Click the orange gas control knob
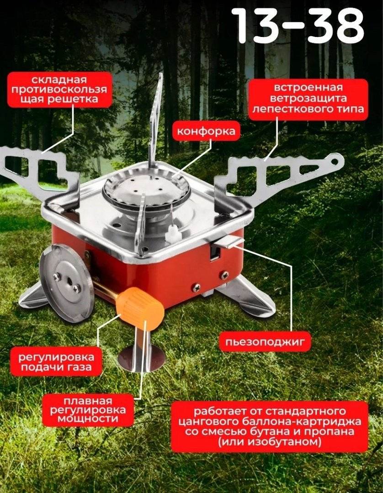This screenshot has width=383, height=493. [x=140, y=308]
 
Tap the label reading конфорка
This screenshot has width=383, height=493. [x=206, y=131]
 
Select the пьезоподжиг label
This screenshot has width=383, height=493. [x=265, y=341]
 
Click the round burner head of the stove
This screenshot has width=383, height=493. [x=147, y=190]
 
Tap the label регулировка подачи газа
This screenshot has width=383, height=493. [x=56, y=362]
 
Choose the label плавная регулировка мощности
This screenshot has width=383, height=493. [x=88, y=409]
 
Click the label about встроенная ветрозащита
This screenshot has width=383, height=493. [x=308, y=99]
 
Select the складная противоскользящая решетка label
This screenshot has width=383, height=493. [x=59, y=90]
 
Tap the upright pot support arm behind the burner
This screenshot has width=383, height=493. [x=155, y=120]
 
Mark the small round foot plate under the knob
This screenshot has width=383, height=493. [x=142, y=358]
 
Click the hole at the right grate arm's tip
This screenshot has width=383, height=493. [x=334, y=161]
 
